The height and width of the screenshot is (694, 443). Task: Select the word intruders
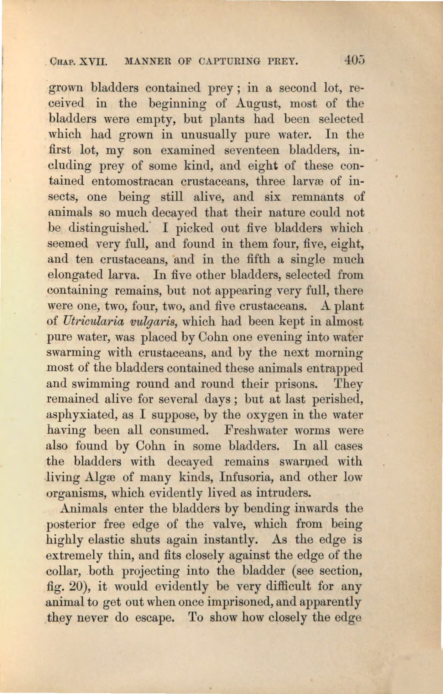tap(283, 493)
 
